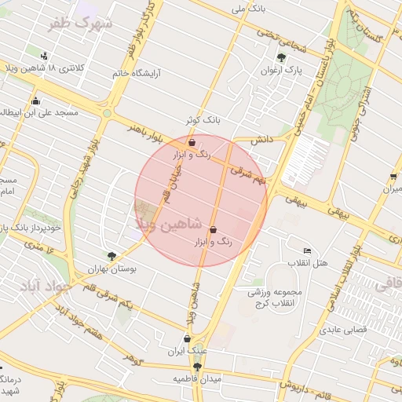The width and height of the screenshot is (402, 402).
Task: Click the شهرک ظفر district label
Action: pos(80,25)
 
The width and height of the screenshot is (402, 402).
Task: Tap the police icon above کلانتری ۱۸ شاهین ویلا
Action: pos(44,56)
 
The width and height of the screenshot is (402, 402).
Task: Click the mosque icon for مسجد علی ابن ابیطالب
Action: pos(35,100)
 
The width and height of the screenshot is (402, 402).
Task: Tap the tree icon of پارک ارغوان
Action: pos(282,57)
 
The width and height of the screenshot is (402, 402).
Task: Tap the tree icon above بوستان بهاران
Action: pos(112,256)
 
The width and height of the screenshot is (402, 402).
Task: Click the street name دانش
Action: pos(262,139)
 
